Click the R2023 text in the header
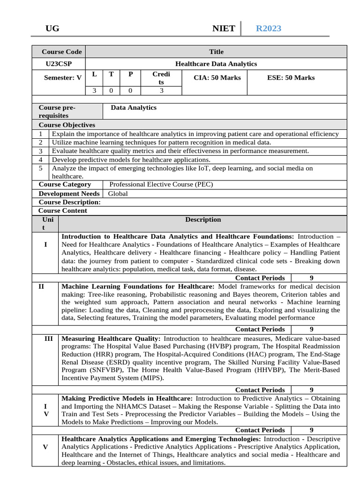(x=268, y=29)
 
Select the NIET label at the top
(x=224, y=29)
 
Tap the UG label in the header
(x=52, y=29)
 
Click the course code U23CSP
(x=59, y=64)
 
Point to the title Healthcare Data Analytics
(x=216, y=64)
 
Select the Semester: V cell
(x=62, y=78)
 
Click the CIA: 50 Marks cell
(x=217, y=78)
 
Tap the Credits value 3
(x=161, y=91)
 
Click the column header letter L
(x=94, y=74)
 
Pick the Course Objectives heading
(x=67, y=125)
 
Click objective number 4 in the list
(x=41, y=159)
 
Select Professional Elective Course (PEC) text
(x=161, y=184)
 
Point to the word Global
(x=118, y=193)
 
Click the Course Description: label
(x=69, y=202)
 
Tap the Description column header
(x=203, y=219)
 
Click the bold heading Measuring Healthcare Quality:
(x=111, y=338)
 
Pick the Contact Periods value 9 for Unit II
(x=312, y=329)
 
